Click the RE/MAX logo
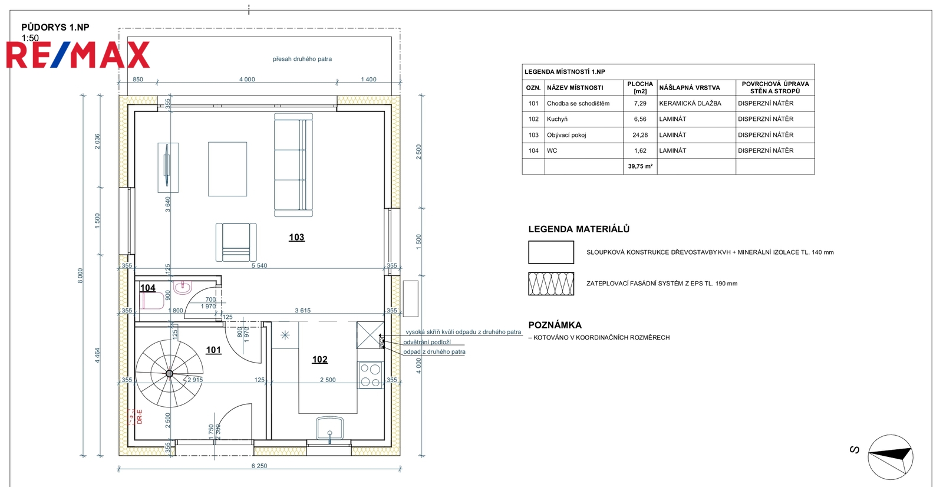coord(78,55)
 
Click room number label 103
coord(296,237)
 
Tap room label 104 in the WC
coord(148,288)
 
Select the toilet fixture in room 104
coord(152,301)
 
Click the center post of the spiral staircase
coord(169,373)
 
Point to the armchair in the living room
coord(236,242)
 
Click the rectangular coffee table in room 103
coord(227,169)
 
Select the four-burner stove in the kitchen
coord(371,375)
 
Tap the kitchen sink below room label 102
coord(329,429)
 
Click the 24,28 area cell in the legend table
coord(640,135)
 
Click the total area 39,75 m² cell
coord(640,166)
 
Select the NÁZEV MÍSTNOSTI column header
coord(575,88)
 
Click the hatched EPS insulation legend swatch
coord(551,284)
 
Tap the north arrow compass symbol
coord(890,457)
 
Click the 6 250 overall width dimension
coord(259,466)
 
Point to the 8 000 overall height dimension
coord(80,275)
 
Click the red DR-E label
coord(140,417)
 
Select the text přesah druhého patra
coord(302,59)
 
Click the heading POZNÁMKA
coord(555,325)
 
